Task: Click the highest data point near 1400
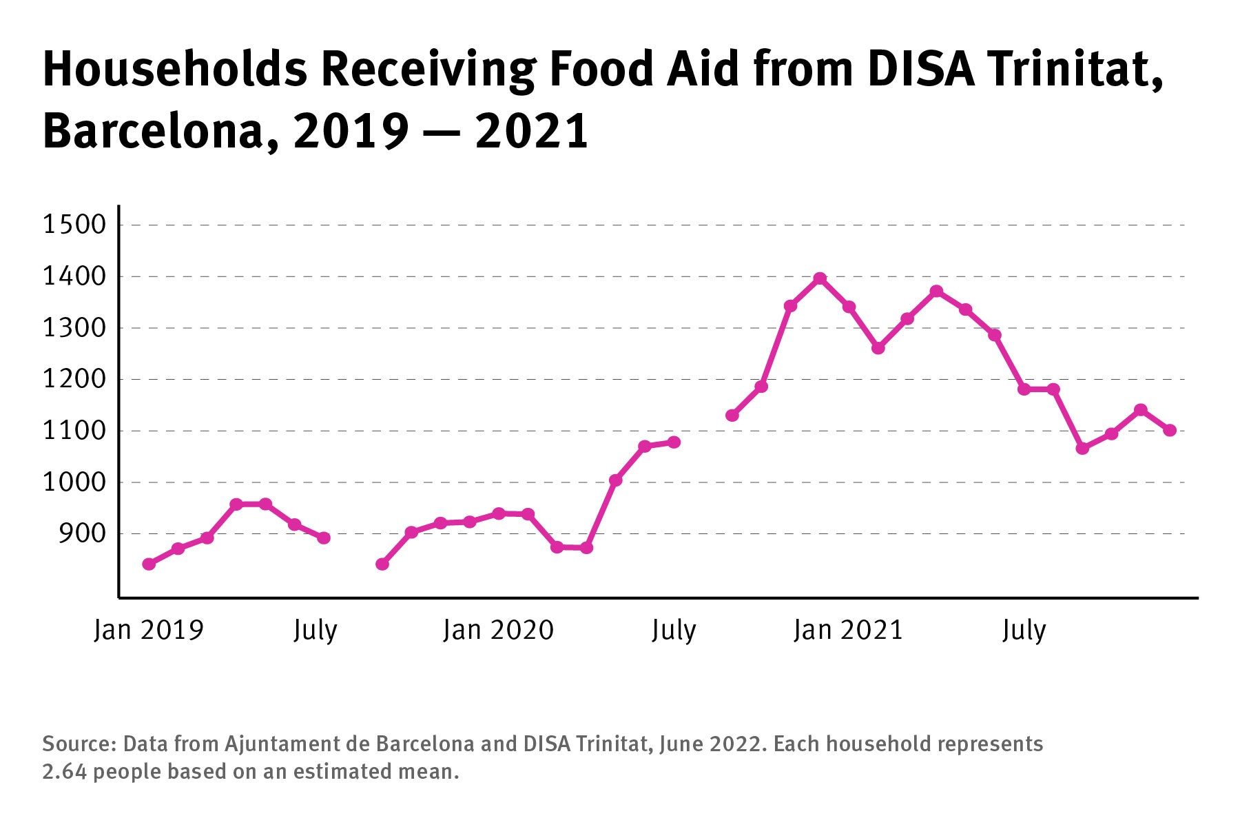[820, 278]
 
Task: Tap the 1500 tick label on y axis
[75, 225]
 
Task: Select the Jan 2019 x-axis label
[149, 630]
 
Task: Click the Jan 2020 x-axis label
[498, 630]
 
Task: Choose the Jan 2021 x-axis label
[848, 630]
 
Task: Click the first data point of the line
[149, 564]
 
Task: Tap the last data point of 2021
[1170, 430]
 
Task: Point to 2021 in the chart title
[532, 131]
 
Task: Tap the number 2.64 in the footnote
[65, 771]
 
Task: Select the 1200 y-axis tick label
[75, 379]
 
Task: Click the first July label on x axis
[315, 630]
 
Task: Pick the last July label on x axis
[1024, 630]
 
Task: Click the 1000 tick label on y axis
[75, 482]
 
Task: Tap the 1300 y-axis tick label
[75, 328]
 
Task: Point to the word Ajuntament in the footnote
[279, 744]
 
